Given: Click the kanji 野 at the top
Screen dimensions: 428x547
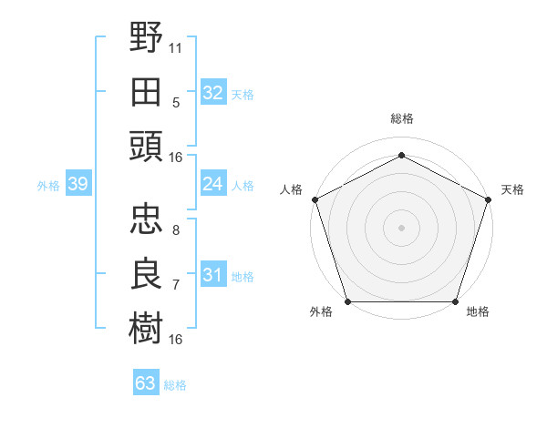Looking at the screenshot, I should click(147, 38).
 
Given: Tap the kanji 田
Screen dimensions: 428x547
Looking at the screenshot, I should click(147, 91).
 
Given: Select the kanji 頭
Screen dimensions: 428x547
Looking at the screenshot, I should click(147, 146).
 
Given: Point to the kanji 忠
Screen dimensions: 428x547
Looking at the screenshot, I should click(147, 219).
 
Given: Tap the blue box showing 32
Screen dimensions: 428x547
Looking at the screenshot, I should click(212, 93).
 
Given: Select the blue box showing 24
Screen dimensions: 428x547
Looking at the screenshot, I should click(212, 184).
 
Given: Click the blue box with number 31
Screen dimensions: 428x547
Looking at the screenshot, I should click(212, 275).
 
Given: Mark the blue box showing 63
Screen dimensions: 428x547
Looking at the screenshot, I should click(145, 383).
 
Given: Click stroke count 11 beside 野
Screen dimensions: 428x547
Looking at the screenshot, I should click(176, 47).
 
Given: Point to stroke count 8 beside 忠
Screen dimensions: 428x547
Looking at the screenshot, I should click(176, 229).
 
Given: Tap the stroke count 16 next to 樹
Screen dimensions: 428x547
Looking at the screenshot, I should click(176, 340).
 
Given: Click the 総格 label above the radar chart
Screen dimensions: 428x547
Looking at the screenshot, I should click(402, 118).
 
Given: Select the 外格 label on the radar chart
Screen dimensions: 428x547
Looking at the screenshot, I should click(321, 312).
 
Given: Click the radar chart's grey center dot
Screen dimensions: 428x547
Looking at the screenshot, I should click(402, 227).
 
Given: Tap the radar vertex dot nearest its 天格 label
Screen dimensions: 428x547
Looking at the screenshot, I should click(488, 199).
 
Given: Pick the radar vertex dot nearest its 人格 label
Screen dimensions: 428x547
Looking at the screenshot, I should click(315, 199).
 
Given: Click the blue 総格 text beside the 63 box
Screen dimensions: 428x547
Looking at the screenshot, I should click(175, 385).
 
